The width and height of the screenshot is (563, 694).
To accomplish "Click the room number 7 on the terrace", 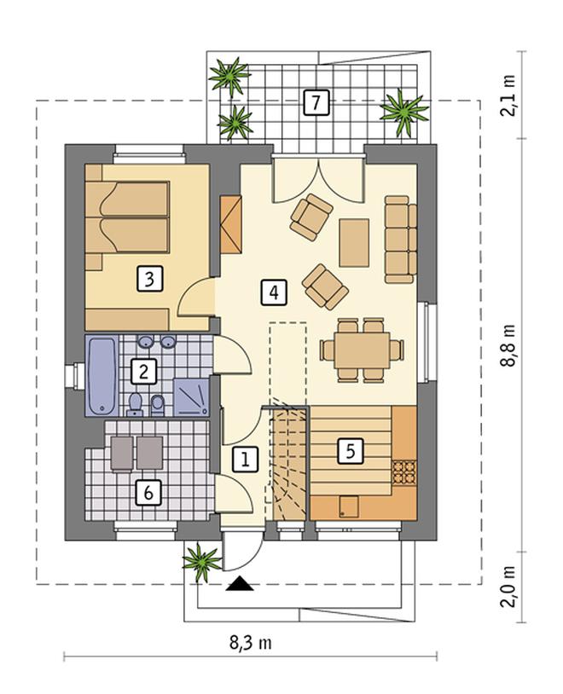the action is [x=316, y=102].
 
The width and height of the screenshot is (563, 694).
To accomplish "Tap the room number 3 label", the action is [x=150, y=279].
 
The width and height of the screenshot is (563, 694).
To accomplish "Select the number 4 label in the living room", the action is [x=274, y=292].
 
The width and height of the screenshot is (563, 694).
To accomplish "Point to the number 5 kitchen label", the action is [x=351, y=452].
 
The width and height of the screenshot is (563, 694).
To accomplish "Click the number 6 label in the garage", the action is [x=148, y=492].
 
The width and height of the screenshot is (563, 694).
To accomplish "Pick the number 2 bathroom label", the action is [x=143, y=372].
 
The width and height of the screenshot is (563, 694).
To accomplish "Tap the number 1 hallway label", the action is [x=245, y=459].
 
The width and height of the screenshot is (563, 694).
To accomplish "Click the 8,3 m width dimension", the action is [x=250, y=642].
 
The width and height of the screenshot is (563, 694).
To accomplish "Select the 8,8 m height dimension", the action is [x=508, y=345].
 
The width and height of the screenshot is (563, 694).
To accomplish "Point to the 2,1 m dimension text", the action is [x=508, y=95].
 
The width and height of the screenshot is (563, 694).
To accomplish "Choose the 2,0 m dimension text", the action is [x=508, y=587].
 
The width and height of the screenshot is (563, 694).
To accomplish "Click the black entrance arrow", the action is [x=240, y=584].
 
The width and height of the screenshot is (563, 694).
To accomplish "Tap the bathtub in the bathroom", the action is [x=102, y=376].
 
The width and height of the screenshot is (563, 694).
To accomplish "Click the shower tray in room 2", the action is [x=191, y=397].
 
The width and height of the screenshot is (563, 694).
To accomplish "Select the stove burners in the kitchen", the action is [x=404, y=471].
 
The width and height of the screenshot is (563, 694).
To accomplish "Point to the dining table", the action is [x=362, y=350].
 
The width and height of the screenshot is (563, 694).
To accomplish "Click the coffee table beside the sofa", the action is [x=354, y=242].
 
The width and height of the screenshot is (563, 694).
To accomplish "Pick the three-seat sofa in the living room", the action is [x=401, y=240].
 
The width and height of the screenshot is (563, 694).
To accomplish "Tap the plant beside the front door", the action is [x=201, y=562].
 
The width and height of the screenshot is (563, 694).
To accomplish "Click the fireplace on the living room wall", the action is [x=231, y=224].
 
